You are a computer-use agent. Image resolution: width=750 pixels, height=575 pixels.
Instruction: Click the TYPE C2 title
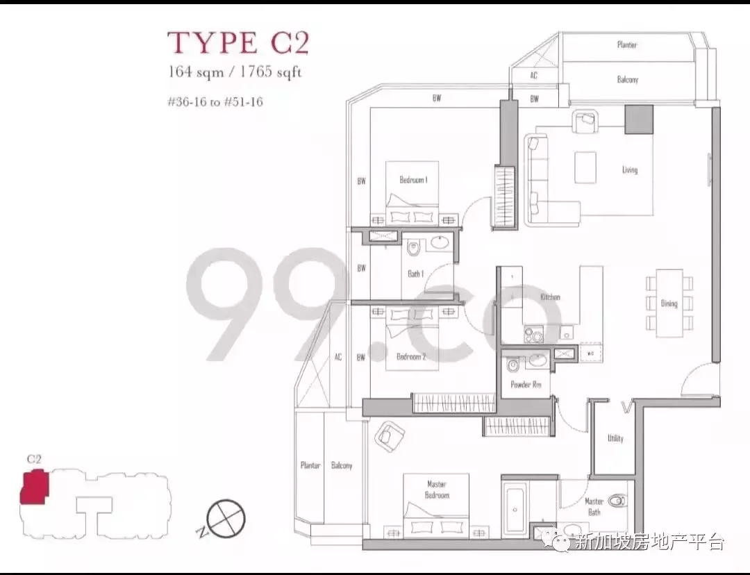[x=238, y=42]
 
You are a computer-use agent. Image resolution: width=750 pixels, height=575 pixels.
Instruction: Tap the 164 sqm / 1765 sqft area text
[x=235, y=72]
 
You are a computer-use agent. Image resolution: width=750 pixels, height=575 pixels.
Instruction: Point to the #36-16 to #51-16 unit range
[x=215, y=101]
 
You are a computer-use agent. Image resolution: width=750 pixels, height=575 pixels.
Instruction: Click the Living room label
[x=629, y=170]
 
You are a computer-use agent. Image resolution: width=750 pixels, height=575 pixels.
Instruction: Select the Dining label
[x=669, y=303]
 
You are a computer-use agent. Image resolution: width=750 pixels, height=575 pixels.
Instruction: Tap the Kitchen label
[x=550, y=297]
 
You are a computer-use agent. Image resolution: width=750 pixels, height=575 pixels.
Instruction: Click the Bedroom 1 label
[x=413, y=180]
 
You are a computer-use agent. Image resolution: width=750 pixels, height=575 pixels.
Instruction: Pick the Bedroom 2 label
[x=411, y=356]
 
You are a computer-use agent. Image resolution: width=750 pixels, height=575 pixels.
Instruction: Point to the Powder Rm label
[x=526, y=384]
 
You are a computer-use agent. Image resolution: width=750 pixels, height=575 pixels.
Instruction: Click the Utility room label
[x=615, y=438]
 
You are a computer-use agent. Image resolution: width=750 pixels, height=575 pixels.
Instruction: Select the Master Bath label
[x=594, y=506]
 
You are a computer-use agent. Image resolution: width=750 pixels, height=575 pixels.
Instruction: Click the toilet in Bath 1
[x=412, y=249]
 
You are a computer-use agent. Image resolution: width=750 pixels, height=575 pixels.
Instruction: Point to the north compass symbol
[x=226, y=519]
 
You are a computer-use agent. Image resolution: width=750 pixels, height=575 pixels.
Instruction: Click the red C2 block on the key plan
[x=34, y=487]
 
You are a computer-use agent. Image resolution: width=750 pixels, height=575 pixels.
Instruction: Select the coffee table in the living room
[x=585, y=167]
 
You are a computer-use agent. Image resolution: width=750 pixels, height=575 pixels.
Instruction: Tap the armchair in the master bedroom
[x=390, y=436]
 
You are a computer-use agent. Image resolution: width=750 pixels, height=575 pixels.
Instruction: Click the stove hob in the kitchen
[x=533, y=335]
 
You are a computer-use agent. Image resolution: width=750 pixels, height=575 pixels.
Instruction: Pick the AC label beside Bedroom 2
[x=337, y=358]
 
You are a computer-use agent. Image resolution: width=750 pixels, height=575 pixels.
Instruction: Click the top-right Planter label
[x=626, y=45]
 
